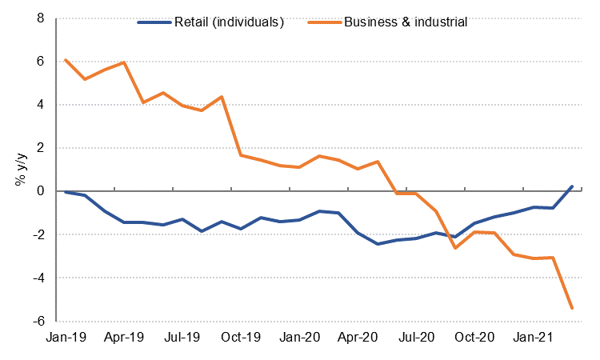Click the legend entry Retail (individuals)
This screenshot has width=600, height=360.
(228, 22)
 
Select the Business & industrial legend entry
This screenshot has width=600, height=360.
(405, 22)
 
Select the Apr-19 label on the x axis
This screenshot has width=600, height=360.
(123, 338)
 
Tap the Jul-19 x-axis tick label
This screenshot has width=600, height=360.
(182, 338)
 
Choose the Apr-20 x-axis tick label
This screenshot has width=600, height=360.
(358, 338)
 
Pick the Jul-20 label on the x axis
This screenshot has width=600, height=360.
(416, 338)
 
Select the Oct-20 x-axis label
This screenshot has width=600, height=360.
(475, 338)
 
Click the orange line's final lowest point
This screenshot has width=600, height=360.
(572, 308)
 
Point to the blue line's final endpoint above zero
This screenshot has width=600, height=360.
(572, 186)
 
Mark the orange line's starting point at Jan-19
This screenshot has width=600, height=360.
(66, 60)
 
